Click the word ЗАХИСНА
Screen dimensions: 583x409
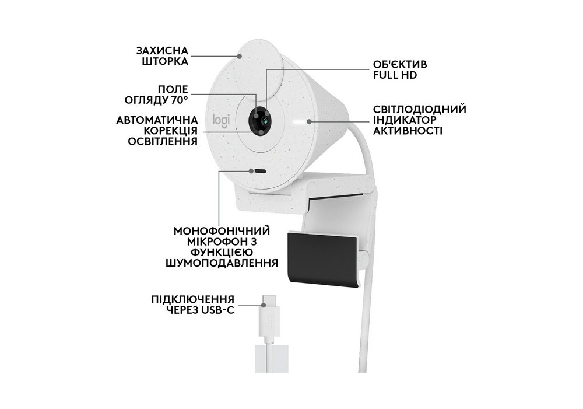(162, 51)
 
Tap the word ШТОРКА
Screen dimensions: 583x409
(165, 61)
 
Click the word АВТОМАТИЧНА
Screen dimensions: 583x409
(157, 120)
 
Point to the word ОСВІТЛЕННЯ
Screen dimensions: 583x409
(163, 141)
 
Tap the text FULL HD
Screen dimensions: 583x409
(395, 75)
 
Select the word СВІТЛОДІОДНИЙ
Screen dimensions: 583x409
(420, 110)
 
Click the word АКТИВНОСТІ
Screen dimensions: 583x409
(408, 131)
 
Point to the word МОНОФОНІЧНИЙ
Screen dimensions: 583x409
(222, 230)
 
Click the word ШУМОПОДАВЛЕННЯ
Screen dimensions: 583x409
(222, 263)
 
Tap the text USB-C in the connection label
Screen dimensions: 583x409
(219, 310)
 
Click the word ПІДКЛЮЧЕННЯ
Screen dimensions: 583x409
(193, 299)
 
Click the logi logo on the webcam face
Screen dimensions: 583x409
(221, 121)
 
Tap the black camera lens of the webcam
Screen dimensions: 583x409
(260, 121)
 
